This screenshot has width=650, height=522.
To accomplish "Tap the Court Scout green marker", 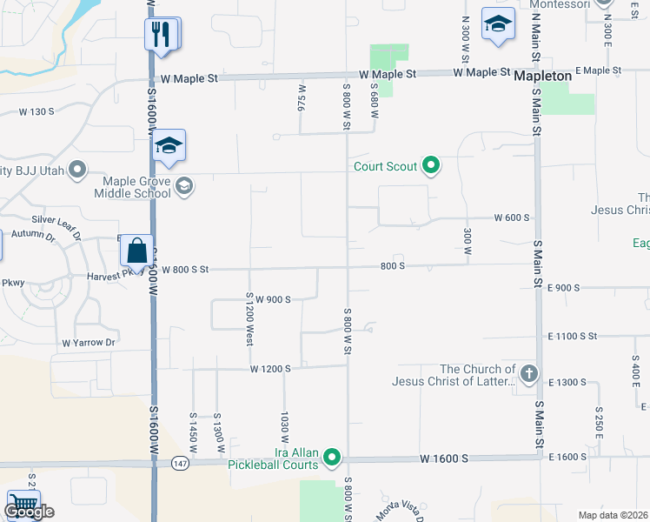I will tap(430, 164).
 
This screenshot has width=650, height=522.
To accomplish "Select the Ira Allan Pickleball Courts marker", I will tap(332, 457).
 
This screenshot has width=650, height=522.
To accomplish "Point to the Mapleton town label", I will tap(543, 77).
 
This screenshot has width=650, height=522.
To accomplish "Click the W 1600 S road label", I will tap(444, 458).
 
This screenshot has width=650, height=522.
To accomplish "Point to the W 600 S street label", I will tap(512, 217).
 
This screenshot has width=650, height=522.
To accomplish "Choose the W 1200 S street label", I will tap(270, 369).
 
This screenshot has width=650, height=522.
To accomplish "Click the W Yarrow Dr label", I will tap(89, 343).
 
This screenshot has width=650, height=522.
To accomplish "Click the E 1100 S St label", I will tap(573, 336).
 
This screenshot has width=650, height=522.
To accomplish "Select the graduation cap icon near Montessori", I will tap(498, 26).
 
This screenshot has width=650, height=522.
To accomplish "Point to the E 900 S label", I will tap(564, 287).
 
